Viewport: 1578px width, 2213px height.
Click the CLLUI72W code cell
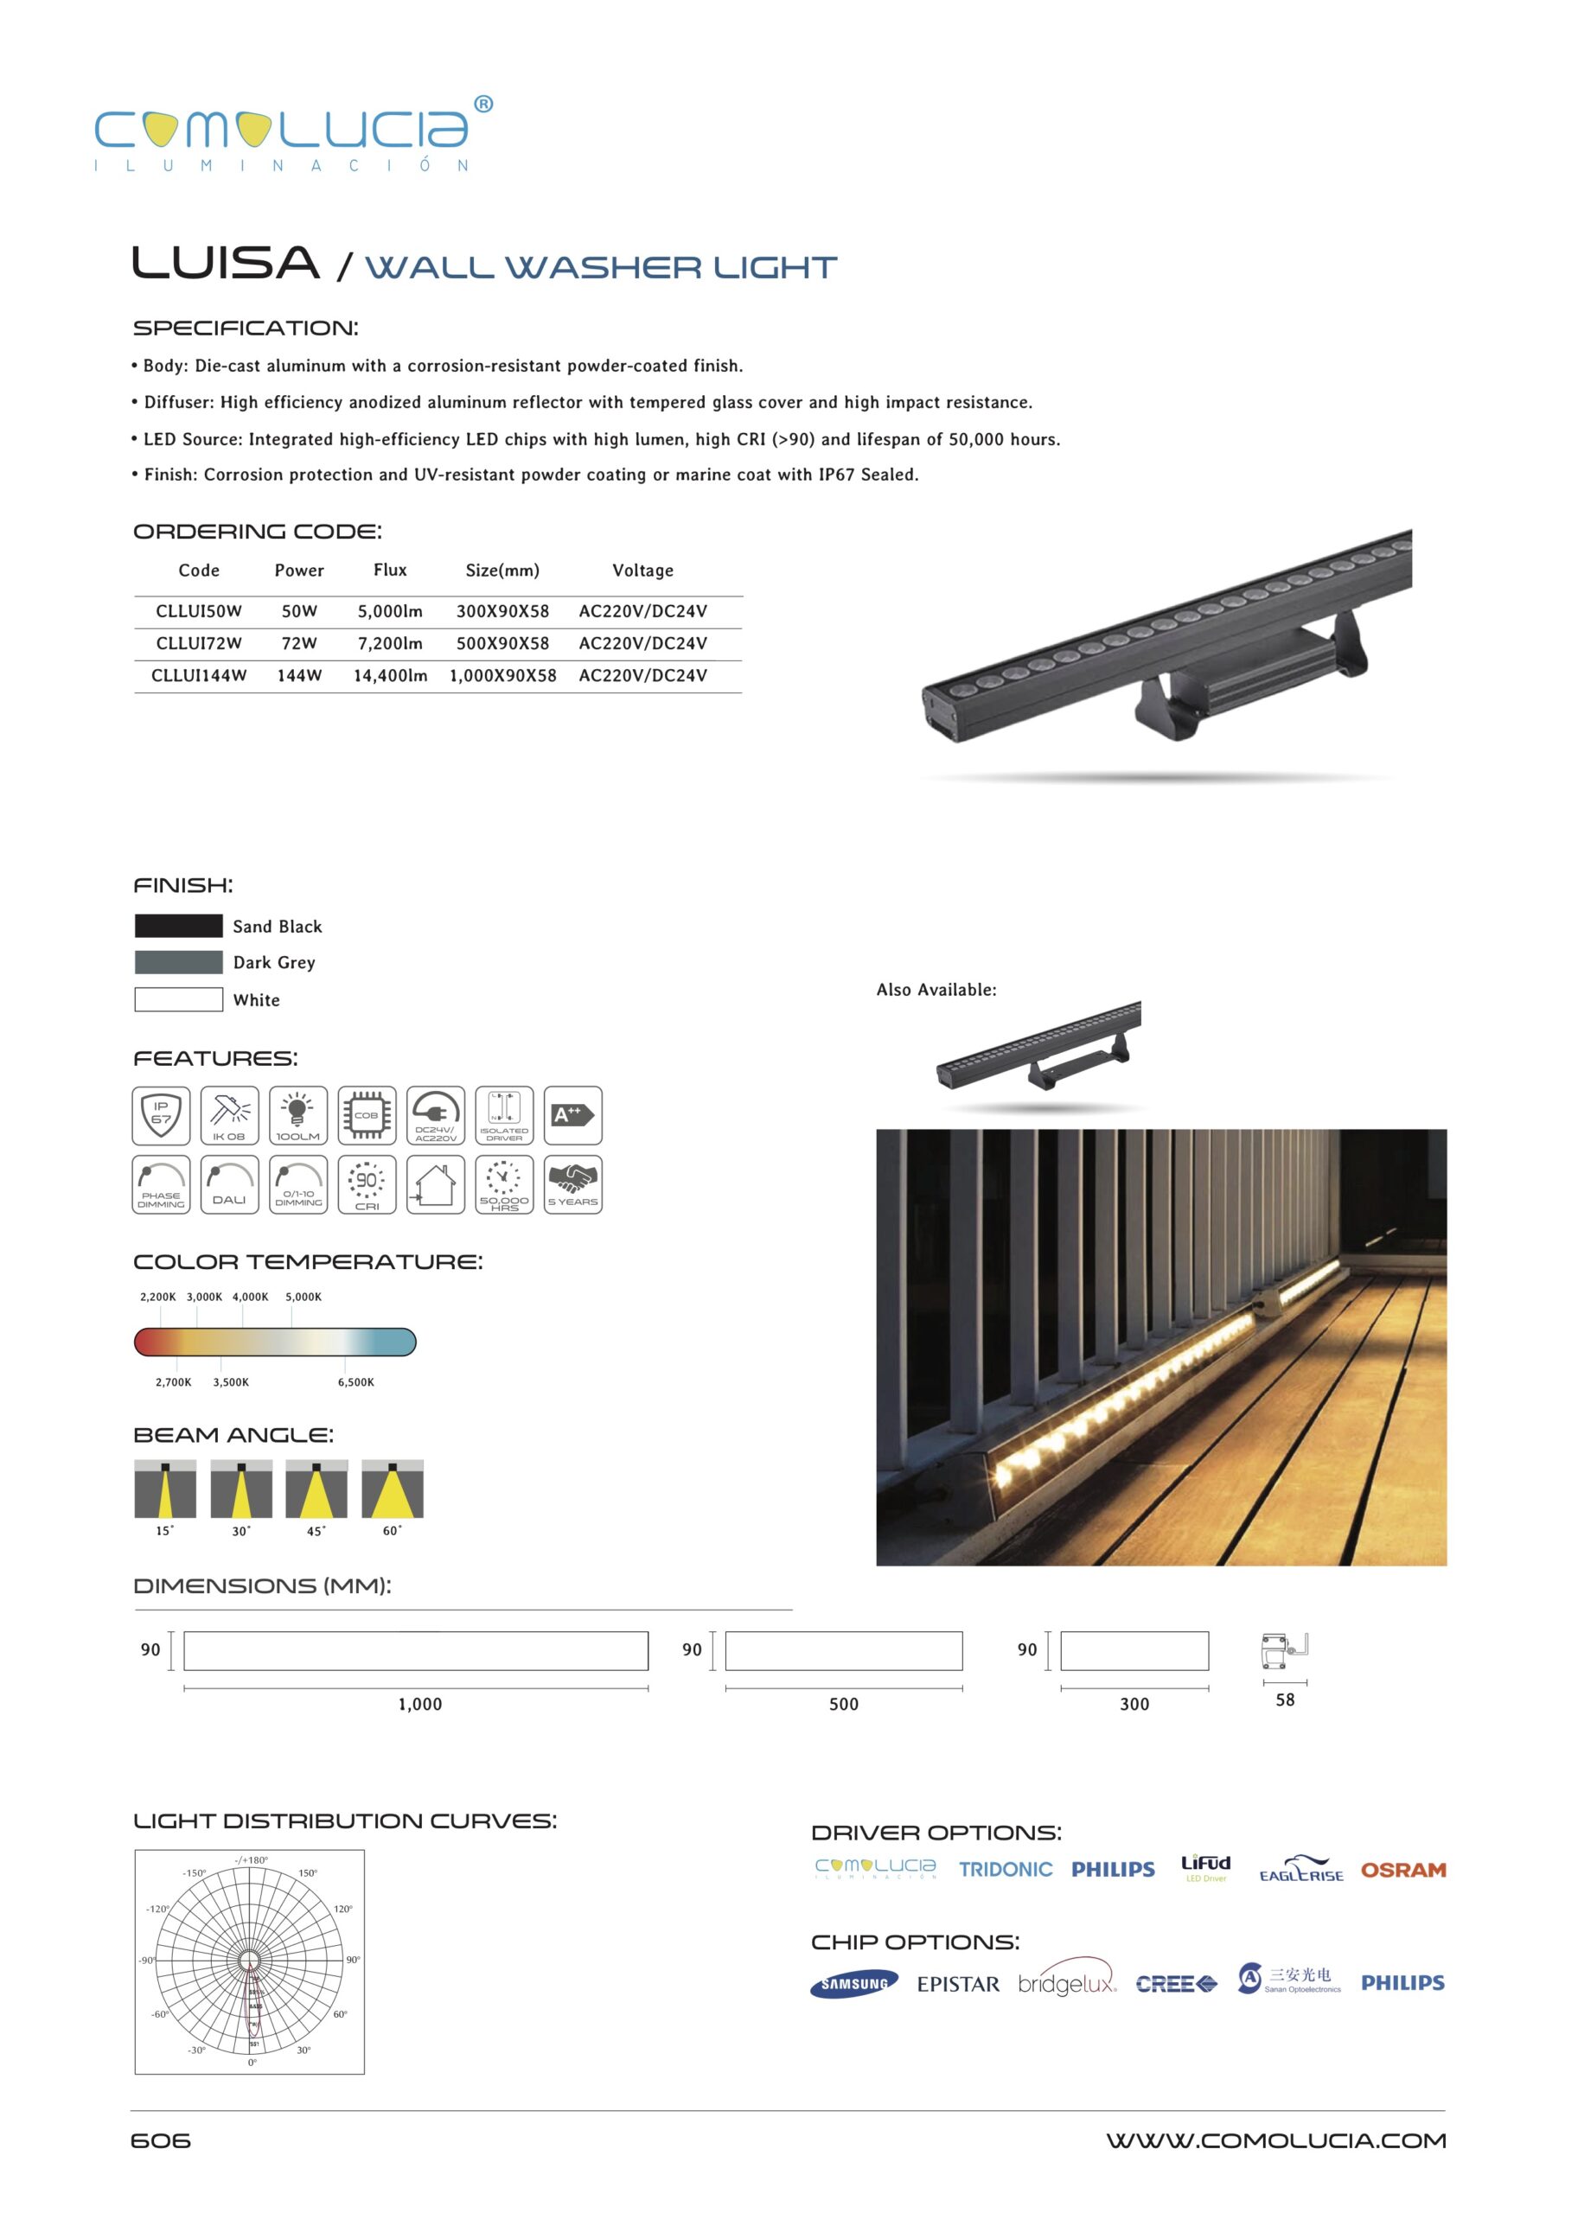198,643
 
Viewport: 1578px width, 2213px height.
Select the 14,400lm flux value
390,675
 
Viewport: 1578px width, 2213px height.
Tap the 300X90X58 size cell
502,611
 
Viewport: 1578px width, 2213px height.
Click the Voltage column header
642,571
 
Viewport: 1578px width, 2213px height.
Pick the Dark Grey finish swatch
179,962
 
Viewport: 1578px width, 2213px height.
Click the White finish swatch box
179,998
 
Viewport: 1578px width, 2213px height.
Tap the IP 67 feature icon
162,1115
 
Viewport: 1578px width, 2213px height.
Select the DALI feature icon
229,1183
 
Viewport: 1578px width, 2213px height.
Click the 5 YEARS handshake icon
572,1183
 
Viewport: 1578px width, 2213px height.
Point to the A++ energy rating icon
572,1115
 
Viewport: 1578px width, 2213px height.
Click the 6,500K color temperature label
355,1381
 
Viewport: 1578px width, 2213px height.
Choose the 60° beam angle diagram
392,1489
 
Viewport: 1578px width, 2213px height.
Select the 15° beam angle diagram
165,1489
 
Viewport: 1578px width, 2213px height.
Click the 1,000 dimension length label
419,1704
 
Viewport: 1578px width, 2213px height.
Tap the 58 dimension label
1285,1700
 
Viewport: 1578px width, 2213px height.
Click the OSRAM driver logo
1402,1870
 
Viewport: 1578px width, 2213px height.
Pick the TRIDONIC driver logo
1005,1870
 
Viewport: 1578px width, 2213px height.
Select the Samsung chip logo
853,1984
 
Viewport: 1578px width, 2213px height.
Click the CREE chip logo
1176,1984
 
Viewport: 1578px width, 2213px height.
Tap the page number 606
160,2141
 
